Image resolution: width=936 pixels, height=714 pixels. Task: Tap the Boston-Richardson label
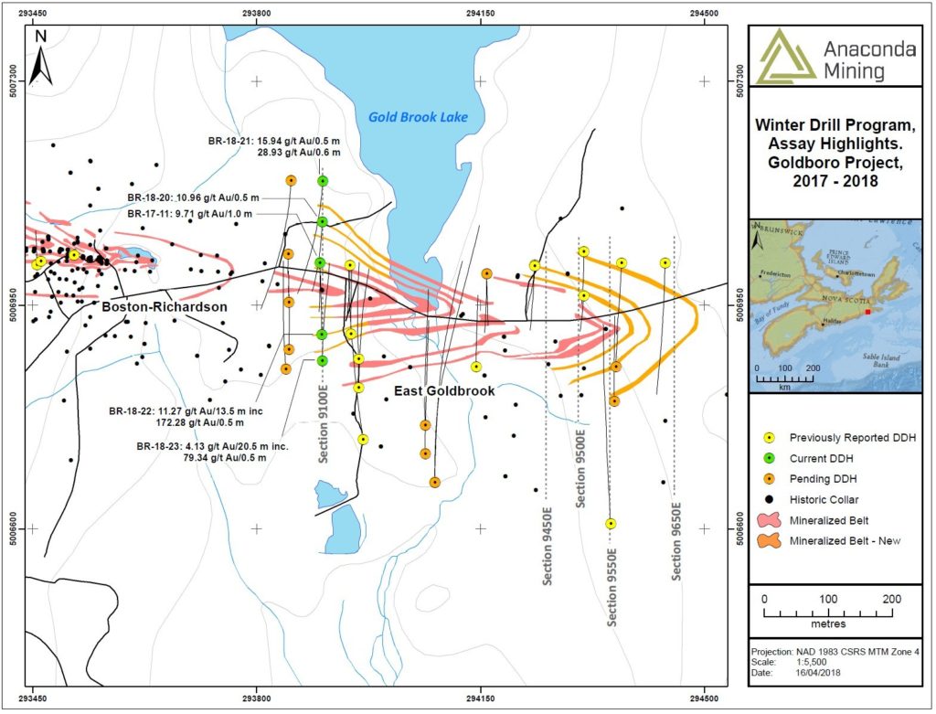(165, 307)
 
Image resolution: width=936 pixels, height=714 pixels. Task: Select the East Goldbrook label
(444, 390)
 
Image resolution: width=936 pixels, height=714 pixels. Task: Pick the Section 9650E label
(676, 541)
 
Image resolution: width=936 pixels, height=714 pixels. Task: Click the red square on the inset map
(867, 311)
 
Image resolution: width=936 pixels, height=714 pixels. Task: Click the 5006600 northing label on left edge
(13, 528)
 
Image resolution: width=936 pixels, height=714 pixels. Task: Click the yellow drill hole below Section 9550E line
(611, 524)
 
